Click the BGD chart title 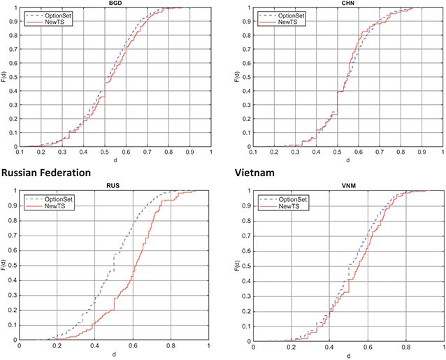115,3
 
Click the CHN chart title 347,3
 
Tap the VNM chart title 347,186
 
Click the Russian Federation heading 46,171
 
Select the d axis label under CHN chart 347,160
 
